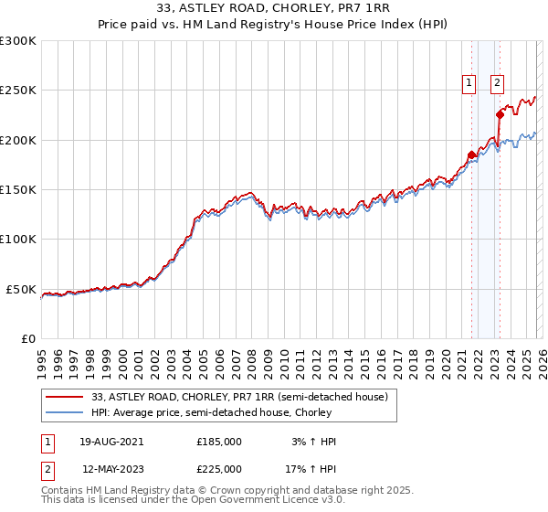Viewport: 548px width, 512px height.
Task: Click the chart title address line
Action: pos(273,9)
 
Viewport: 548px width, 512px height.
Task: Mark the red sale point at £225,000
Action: pos(500,115)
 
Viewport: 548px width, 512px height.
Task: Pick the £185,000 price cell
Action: pos(219,442)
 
